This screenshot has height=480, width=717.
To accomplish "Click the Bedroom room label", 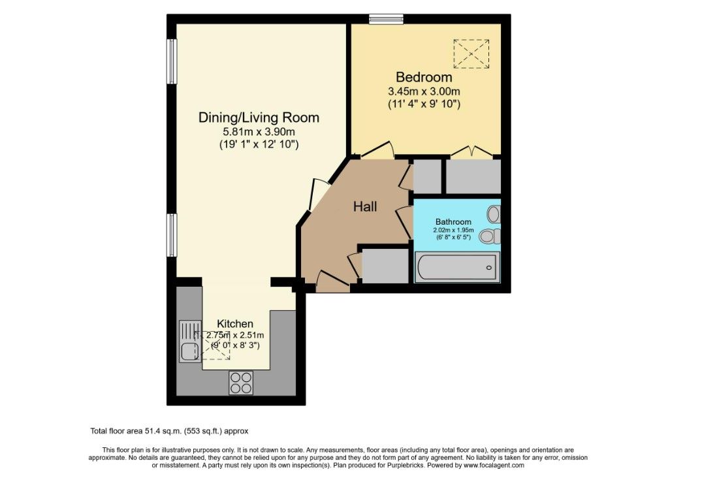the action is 424,77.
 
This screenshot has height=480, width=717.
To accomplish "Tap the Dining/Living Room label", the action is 259,118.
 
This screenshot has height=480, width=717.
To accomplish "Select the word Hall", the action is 365,207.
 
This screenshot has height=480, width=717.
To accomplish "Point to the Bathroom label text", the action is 453,222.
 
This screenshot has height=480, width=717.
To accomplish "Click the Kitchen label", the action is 235,324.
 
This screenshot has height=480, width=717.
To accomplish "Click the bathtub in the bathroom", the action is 457,267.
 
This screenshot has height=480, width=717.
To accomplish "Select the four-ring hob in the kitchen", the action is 241,383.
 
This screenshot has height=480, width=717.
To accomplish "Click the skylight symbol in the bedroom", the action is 471,54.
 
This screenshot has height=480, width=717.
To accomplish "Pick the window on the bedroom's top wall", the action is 387,18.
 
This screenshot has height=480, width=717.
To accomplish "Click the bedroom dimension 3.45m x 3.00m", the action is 424,91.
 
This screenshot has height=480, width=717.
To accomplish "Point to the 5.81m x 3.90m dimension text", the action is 259,132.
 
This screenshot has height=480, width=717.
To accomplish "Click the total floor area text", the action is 169,431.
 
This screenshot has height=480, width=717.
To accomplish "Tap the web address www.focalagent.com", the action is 494,466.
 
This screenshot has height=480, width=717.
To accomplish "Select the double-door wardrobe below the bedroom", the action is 473,176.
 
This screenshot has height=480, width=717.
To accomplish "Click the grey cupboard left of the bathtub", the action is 385,266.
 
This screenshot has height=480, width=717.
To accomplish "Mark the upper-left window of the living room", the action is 172,61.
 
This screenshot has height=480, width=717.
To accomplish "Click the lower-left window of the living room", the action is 172,235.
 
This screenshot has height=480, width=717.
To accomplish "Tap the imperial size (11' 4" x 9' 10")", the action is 424,104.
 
